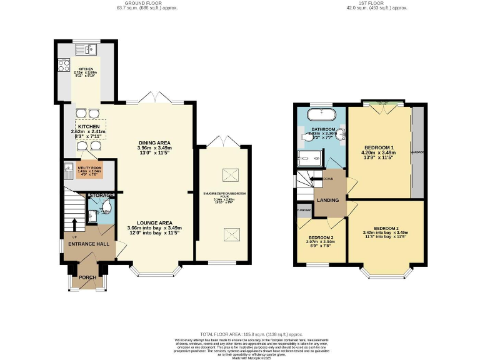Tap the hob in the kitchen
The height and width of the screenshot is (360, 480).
[64, 65]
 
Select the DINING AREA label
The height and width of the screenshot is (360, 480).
[154, 142]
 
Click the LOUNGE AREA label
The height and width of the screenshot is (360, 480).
[154, 223]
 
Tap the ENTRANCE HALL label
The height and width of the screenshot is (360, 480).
[89, 244]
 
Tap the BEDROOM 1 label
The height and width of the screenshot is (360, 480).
[379, 148]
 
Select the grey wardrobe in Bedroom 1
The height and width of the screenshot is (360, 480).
[417, 151]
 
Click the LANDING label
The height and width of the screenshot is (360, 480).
[329, 201]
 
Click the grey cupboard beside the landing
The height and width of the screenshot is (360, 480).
[304, 211]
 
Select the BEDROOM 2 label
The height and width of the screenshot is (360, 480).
[386, 229]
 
